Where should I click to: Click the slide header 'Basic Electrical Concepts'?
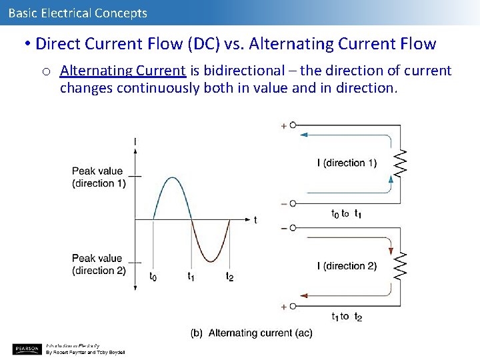point(78,13)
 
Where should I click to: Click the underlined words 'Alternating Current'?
point(123,71)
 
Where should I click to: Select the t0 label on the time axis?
point(153,276)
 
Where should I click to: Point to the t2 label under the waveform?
point(230,276)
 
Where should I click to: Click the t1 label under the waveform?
point(191,276)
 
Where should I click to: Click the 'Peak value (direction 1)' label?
point(99,177)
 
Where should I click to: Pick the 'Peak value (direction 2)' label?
point(99,264)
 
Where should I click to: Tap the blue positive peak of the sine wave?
point(173,178)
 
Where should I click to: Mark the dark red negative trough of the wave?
point(211,261)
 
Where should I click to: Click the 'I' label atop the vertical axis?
point(136,141)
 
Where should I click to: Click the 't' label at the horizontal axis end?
point(255,219)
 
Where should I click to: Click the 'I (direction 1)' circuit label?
point(347,163)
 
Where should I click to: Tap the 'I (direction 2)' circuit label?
point(347,266)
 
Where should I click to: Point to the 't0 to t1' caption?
point(347,213)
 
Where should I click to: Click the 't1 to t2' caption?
point(347,316)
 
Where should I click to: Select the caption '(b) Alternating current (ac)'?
point(251,333)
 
